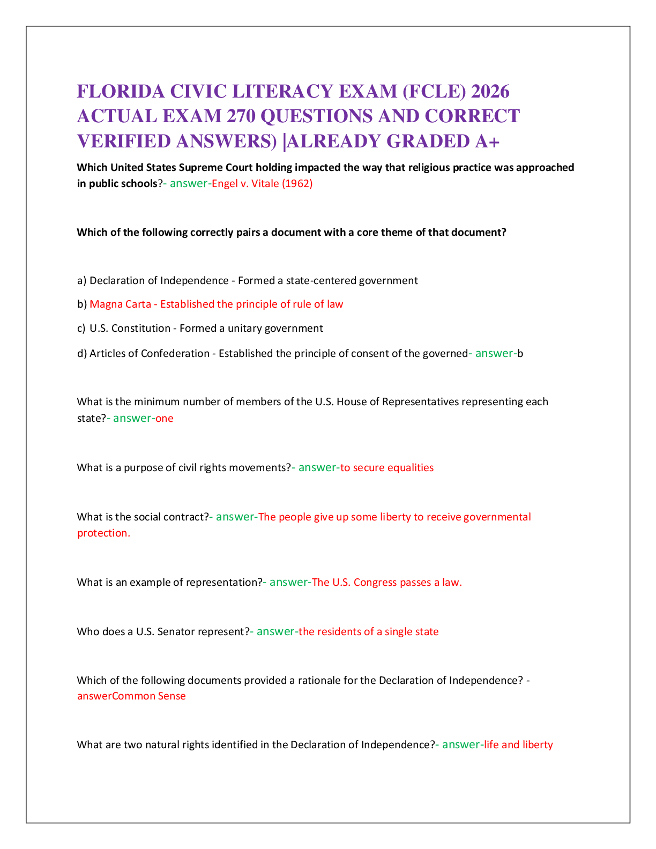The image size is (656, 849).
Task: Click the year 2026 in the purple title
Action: tap(490, 92)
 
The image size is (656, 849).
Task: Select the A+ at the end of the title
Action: tap(487, 141)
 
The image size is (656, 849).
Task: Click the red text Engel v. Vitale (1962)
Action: tap(262, 184)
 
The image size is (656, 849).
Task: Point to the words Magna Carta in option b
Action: tap(121, 304)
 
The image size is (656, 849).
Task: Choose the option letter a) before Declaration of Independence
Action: tap(81, 281)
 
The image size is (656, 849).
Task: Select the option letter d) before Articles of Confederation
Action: tap(82, 354)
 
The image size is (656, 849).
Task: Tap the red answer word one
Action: tap(165, 419)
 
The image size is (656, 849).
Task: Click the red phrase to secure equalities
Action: tap(387, 468)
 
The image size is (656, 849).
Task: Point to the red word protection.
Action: tap(103, 533)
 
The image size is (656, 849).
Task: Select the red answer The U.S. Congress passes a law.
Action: tap(387, 583)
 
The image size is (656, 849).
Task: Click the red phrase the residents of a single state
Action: tap(368, 632)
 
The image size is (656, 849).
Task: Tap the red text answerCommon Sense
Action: tap(131, 696)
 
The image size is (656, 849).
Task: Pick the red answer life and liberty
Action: tap(518, 744)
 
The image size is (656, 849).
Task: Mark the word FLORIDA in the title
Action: tap(121, 92)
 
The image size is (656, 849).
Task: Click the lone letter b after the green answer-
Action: tap(520, 354)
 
